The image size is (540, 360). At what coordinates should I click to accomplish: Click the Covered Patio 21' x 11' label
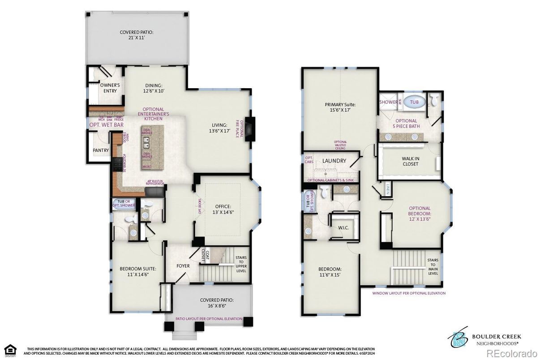[137, 35]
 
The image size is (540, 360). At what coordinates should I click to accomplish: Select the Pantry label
[101, 150]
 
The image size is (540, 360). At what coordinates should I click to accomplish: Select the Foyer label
[183, 266]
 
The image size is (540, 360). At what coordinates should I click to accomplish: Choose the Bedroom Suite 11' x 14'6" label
[137, 271]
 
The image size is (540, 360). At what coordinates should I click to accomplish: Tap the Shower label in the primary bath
[388, 102]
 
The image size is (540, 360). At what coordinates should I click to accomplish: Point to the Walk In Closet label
[410, 161]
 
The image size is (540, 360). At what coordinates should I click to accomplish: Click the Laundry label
[334, 161]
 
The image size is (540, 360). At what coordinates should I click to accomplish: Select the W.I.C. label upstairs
[343, 228]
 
